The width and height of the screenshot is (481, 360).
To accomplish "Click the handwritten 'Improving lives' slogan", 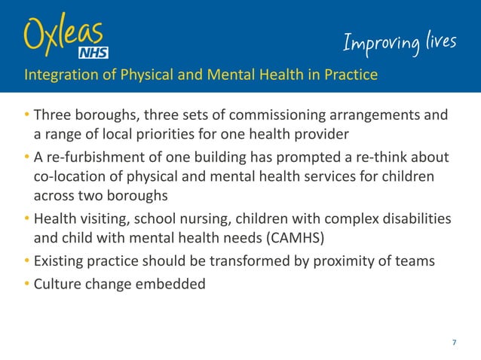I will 400,44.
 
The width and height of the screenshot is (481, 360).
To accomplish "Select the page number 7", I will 454,343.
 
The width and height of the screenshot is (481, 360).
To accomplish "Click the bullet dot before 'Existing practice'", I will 26,261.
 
